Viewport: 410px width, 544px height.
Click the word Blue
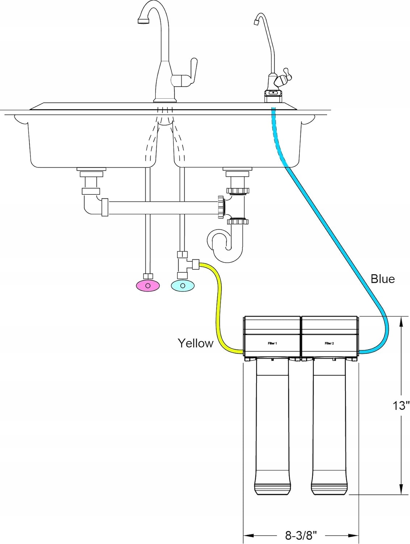click(x=382, y=279)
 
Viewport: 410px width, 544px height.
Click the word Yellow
click(x=196, y=343)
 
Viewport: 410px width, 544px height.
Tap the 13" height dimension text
click(x=401, y=405)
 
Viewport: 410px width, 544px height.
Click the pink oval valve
click(x=148, y=286)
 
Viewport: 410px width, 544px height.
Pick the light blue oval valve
click(x=183, y=286)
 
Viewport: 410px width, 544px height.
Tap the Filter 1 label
click(x=272, y=343)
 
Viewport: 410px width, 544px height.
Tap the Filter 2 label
click(x=329, y=343)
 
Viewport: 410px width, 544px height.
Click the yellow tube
click(x=218, y=308)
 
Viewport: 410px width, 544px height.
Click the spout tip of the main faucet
click(x=142, y=21)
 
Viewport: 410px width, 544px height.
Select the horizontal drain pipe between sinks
click(x=163, y=207)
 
